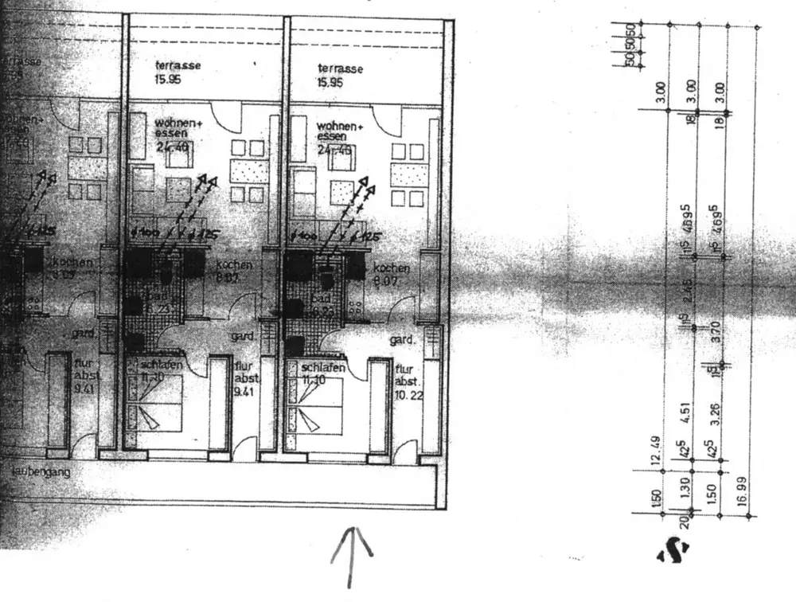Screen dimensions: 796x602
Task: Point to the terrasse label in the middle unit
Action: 178,67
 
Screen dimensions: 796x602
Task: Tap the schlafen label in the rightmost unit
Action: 323,368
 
